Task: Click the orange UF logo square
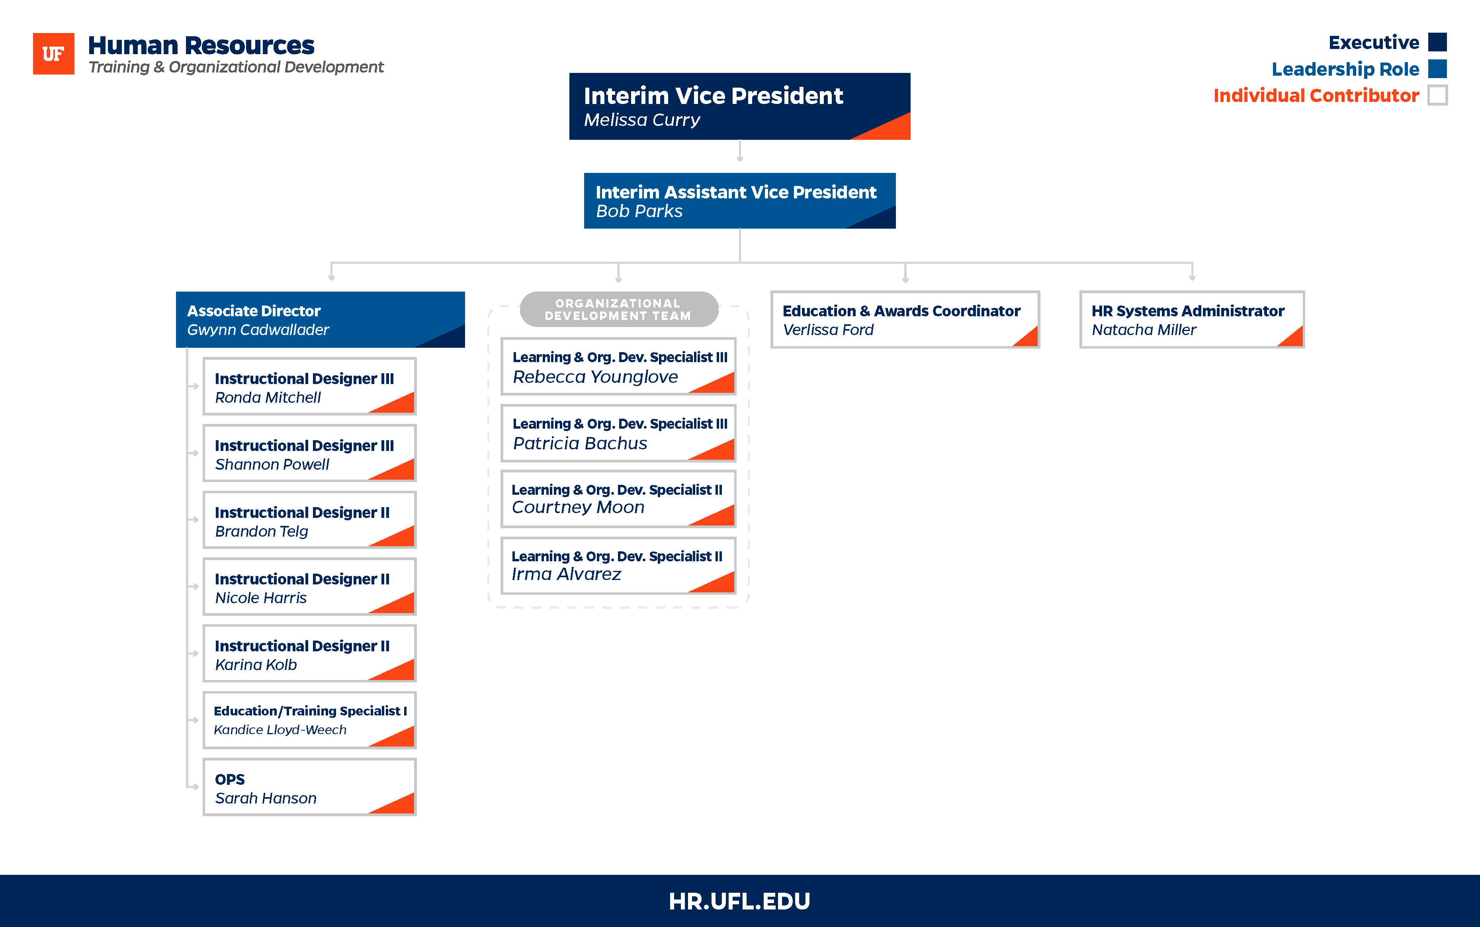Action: pos(53,53)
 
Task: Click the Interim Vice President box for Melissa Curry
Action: pos(740,106)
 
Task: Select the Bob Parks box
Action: pos(740,200)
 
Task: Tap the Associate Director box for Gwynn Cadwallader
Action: pos(320,319)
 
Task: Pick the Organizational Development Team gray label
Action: pos(618,310)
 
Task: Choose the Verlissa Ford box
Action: pos(905,319)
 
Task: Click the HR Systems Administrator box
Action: pos(1192,319)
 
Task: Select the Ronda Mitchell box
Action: pos(309,386)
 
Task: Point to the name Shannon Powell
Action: pos(272,465)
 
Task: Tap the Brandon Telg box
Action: pos(309,520)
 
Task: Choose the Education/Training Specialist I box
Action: pos(309,720)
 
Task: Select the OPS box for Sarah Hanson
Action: pos(309,787)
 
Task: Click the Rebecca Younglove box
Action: pos(618,366)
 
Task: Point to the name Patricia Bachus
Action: pos(580,443)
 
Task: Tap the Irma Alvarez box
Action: pos(618,565)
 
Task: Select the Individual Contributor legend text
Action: pos(1316,96)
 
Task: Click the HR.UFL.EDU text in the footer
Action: pos(740,901)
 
